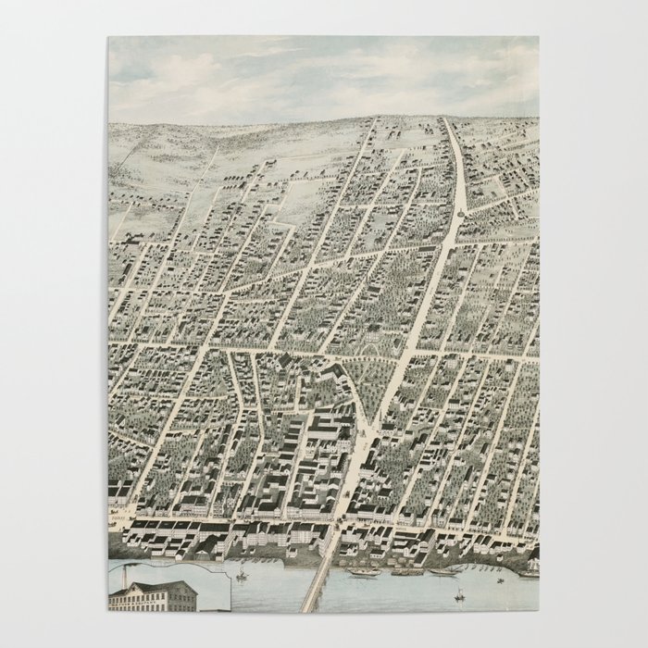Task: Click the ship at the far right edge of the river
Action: [x=528, y=572]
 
